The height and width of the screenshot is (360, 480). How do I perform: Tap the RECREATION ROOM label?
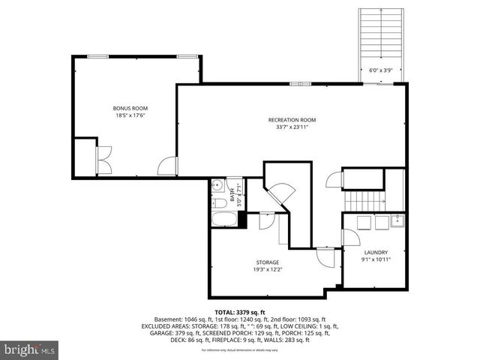pyautogui.click(x=292, y=120)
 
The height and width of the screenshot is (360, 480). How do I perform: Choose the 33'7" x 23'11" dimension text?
pyautogui.click(x=292, y=127)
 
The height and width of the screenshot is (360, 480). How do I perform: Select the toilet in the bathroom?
pyautogui.click(x=218, y=202)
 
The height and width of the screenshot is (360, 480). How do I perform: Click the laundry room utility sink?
pyautogui.click(x=397, y=220)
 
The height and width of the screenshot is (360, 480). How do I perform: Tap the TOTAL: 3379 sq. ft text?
pyautogui.click(x=240, y=311)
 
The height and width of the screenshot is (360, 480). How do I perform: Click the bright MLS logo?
pyautogui.click(x=30, y=349)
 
